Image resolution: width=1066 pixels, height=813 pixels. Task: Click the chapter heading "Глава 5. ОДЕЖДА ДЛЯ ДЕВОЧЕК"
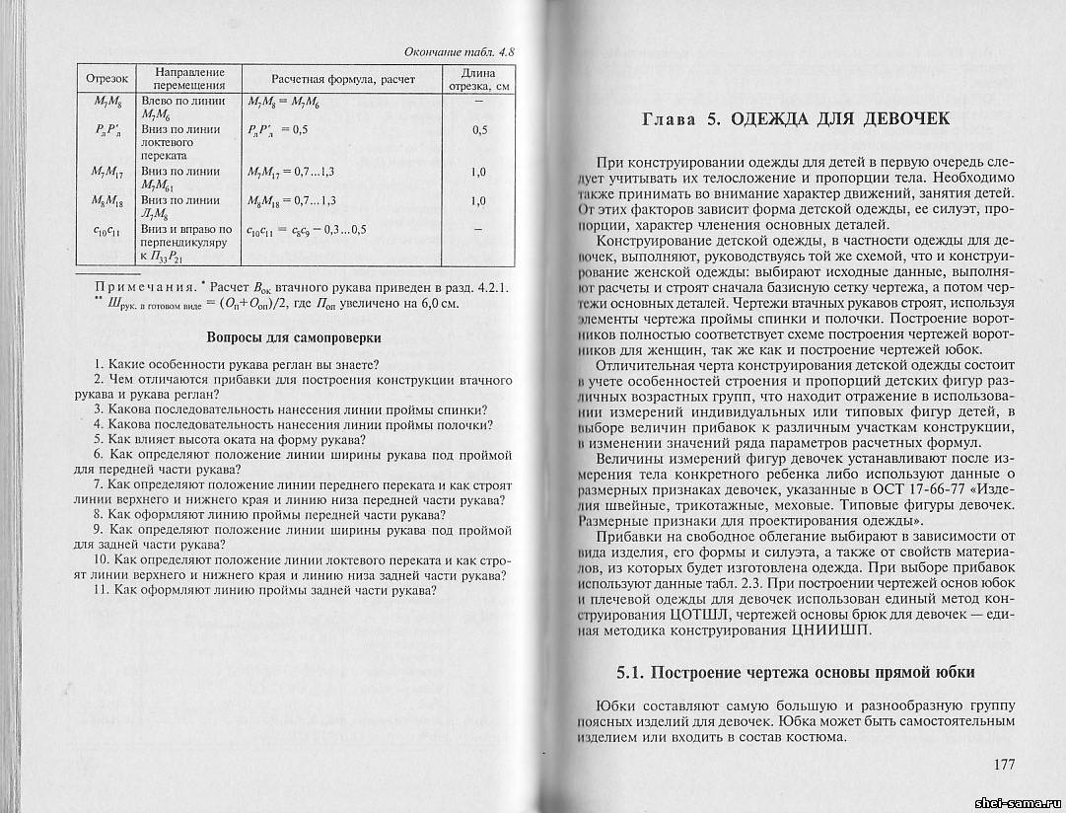pyautogui.click(x=796, y=119)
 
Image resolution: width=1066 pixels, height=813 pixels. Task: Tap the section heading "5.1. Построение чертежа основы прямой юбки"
pyautogui.click(x=796, y=672)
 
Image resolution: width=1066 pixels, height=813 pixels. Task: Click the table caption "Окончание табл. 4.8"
pyautogui.click(x=462, y=50)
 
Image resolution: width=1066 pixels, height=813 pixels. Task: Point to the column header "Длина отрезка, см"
pyautogui.click(x=478, y=78)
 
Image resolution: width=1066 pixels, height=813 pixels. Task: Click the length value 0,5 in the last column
pyautogui.click(x=479, y=129)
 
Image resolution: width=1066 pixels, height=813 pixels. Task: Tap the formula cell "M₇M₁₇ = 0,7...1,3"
pyautogui.click(x=295, y=172)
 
